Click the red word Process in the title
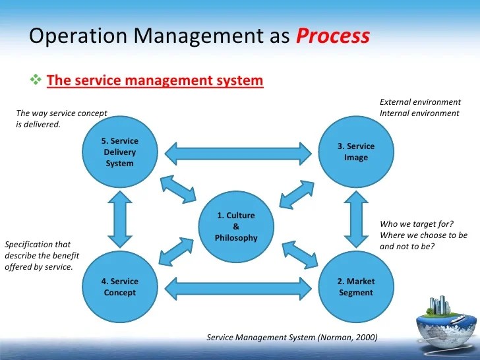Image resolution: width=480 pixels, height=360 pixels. pos(332,36)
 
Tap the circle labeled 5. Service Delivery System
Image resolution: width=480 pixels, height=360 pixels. pos(119,152)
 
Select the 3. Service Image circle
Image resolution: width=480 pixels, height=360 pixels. pos(355,152)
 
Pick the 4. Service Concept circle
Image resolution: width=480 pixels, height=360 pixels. pos(119,287)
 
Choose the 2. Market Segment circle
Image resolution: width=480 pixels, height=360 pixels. pos(355,287)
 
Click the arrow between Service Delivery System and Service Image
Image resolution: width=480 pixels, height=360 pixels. pos(237,153)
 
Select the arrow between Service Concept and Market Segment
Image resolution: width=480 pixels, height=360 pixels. pos(237,287)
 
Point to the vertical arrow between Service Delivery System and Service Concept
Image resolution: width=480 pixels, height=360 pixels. pos(119,220)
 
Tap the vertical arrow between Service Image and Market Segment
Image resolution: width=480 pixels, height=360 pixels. pos(355,220)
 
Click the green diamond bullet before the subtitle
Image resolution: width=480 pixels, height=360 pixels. pos(36,80)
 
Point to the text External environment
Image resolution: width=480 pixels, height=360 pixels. pos(420,102)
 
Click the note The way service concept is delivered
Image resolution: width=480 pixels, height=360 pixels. pos(61,118)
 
